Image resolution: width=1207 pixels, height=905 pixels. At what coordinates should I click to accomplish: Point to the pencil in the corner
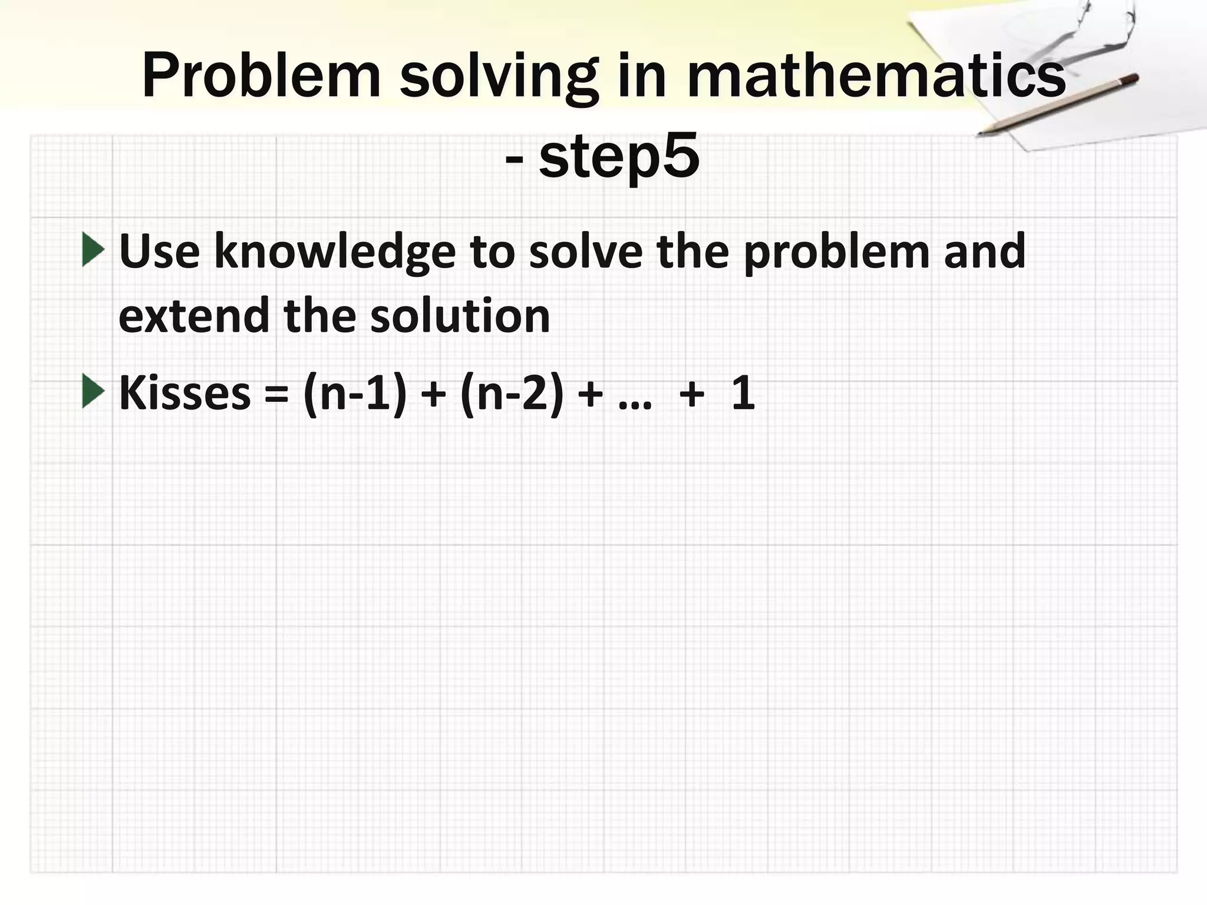pos(1058,104)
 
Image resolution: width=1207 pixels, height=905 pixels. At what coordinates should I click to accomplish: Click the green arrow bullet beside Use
pos(93,250)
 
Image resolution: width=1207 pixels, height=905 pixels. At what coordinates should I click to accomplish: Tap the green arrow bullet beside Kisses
pos(93,391)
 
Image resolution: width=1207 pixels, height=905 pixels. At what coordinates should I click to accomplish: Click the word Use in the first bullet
pos(159,251)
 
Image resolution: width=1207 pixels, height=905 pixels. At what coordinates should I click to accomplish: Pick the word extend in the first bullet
pos(194,316)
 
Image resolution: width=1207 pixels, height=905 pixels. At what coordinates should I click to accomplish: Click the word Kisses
pos(184,393)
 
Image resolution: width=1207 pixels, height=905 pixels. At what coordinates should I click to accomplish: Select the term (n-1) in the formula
pos(355,394)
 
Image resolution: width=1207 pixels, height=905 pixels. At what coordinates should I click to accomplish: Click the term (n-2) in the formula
pos(512,394)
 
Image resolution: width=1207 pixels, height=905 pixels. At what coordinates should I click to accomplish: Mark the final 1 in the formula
pos(743,393)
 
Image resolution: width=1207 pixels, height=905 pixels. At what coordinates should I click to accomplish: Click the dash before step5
pos(514,159)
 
